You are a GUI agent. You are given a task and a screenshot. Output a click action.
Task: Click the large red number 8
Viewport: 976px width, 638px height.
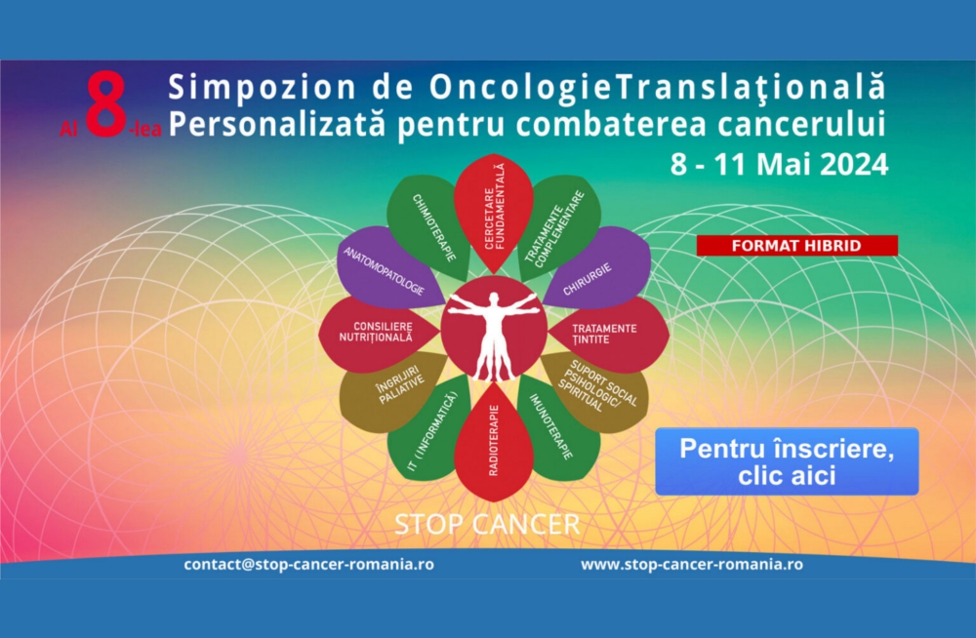click(105, 104)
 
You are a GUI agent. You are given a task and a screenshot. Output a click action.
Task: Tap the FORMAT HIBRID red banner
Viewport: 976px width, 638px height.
click(796, 245)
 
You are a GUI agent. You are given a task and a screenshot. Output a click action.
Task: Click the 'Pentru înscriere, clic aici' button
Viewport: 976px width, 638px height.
click(787, 461)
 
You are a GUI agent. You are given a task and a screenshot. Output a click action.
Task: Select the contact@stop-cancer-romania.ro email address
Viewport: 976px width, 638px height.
click(308, 565)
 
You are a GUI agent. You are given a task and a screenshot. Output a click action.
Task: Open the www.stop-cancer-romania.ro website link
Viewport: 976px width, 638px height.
click(692, 565)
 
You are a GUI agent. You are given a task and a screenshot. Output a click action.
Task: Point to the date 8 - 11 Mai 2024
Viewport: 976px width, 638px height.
click(779, 164)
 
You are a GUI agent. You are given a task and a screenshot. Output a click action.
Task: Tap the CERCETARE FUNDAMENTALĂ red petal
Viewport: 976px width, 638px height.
click(494, 212)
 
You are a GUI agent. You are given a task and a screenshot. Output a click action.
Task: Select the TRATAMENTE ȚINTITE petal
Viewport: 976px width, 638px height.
click(609, 335)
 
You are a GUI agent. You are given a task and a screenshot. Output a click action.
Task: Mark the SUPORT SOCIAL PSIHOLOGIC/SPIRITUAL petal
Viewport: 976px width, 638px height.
click(596, 392)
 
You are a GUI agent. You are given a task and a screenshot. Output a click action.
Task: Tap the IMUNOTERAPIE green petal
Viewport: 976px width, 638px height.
click(556, 428)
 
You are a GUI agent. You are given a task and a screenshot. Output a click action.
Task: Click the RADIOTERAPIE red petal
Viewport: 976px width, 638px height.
click(494, 442)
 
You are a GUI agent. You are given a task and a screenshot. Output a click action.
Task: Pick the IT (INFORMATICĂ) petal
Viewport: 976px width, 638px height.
click(430, 428)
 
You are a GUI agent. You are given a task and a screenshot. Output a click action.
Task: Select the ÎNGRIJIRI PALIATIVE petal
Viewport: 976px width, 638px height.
click(392, 392)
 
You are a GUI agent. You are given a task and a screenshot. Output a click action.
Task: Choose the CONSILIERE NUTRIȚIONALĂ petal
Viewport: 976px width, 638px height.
click(379, 335)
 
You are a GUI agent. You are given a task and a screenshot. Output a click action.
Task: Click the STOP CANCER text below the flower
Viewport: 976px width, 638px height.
click(487, 525)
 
